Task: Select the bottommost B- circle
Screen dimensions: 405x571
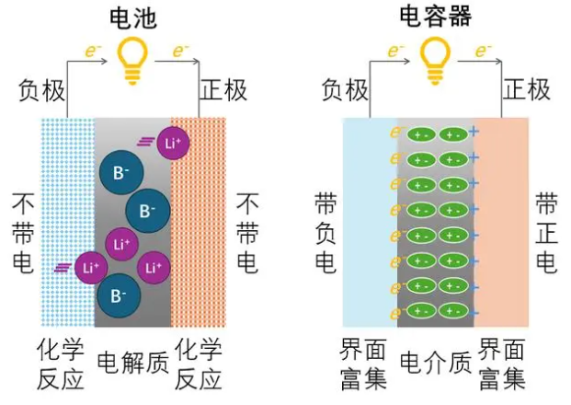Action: pyautogui.click(x=118, y=295)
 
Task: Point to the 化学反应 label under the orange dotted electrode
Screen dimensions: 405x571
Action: pyautogui.click(x=199, y=364)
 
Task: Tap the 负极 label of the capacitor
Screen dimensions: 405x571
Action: pyautogui.click(x=345, y=89)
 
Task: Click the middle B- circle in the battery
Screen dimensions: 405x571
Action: pyautogui.click(x=147, y=210)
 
